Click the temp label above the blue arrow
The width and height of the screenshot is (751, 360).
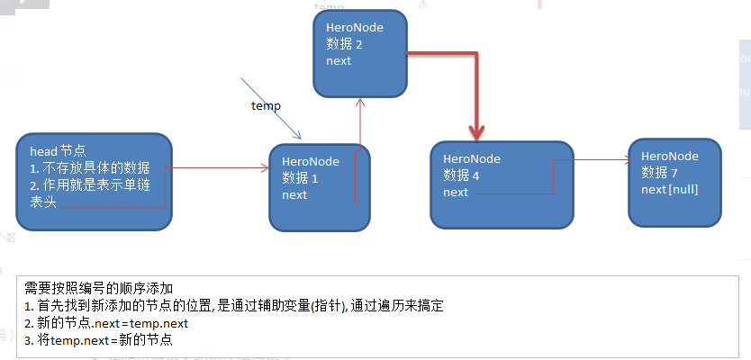(266, 106)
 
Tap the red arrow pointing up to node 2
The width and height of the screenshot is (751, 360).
(360, 121)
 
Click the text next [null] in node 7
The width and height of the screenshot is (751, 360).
(670, 189)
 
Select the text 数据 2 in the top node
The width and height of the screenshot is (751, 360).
(346, 44)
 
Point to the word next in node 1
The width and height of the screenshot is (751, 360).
(294, 194)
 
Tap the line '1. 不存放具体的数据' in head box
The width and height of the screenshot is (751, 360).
(90, 169)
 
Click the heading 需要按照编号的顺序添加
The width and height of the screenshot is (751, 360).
(94, 288)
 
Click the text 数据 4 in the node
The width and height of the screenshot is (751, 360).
(462, 175)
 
